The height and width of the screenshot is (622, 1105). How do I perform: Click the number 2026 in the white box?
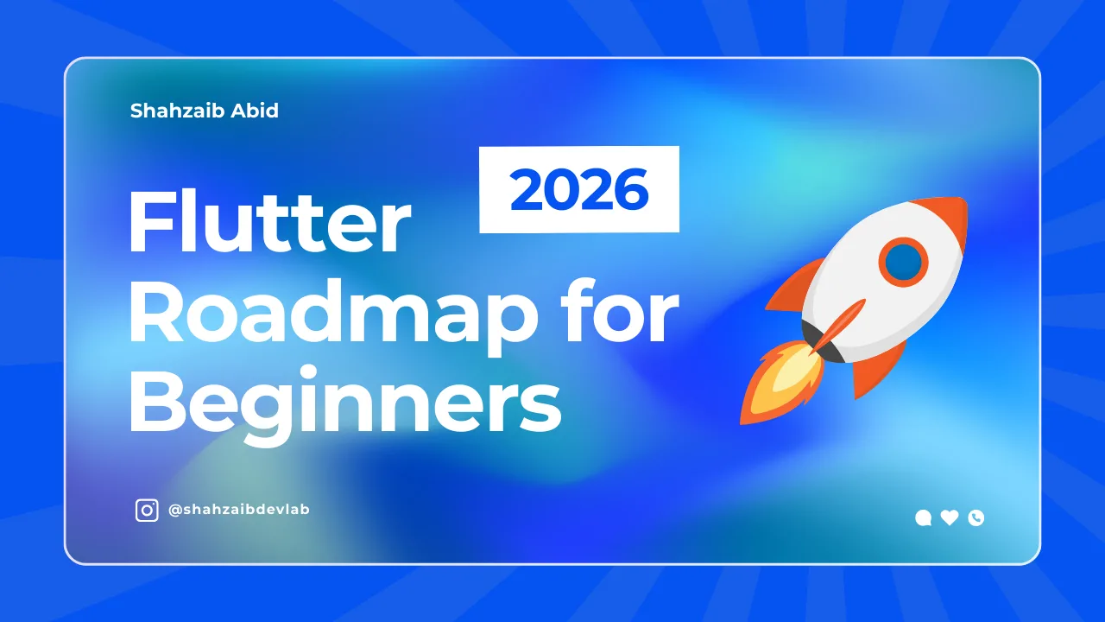(579, 190)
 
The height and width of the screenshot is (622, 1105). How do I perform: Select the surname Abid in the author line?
(256, 111)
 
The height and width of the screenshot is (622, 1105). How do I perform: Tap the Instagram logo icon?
(148, 511)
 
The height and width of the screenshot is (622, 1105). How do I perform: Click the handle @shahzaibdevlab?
(239, 510)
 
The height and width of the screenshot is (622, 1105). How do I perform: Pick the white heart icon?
(950, 517)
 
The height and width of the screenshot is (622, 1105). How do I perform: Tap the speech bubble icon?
(923, 518)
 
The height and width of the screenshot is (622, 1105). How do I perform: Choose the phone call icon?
(976, 517)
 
